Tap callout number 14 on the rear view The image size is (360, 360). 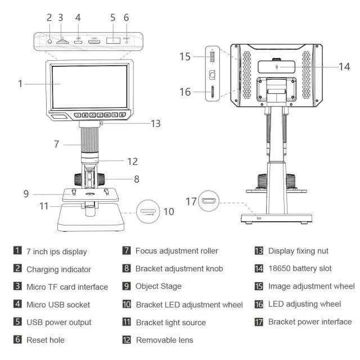[x=344, y=66]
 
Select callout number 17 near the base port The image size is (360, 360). [x=191, y=201]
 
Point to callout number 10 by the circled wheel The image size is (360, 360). [x=168, y=211]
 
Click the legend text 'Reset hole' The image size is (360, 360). [x=46, y=340]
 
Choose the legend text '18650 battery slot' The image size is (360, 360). [x=300, y=269]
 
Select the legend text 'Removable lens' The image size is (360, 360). [x=164, y=340]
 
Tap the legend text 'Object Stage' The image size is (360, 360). [x=158, y=286]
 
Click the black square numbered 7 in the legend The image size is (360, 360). [x=127, y=251]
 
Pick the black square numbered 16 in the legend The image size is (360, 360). [x=259, y=304]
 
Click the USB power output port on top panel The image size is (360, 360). [x=114, y=41]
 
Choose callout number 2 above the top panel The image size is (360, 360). [x=49, y=17]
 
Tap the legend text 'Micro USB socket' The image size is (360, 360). [x=58, y=304]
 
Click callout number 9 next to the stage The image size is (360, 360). [x=26, y=194]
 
